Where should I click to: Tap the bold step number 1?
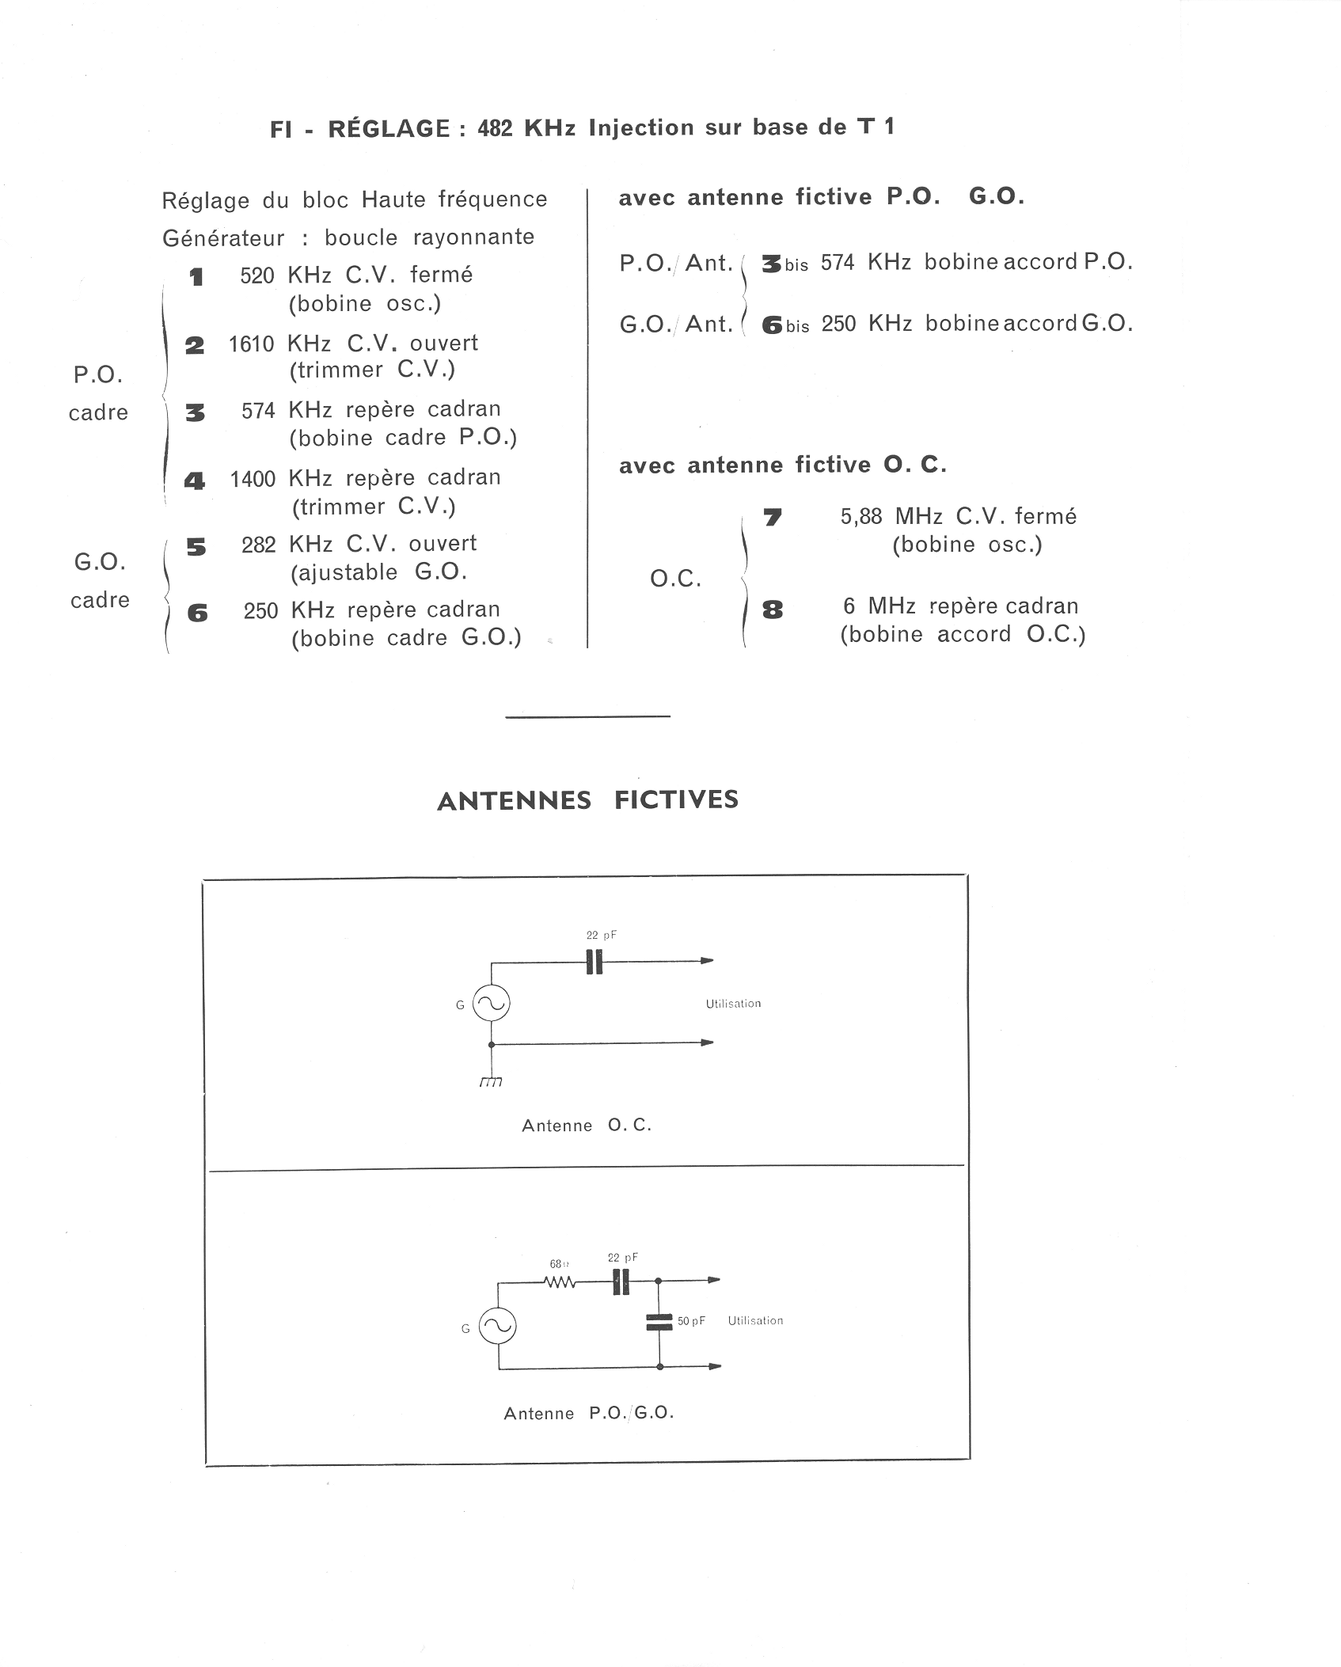coord(196,277)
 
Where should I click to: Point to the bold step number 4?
coord(195,480)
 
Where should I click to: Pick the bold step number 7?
coord(773,518)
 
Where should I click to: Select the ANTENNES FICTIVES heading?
coord(587,800)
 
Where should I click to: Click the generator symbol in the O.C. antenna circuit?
coord(492,1004)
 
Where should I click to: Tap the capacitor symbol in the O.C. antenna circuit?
coord(594,962)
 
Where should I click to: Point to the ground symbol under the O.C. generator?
coord(491,1081)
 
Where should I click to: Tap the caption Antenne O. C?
coord(587,1126)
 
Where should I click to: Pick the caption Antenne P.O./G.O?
coord(589,1413)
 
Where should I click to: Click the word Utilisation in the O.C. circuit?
coord(733,1004)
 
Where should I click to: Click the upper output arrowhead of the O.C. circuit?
coord(706,961)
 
